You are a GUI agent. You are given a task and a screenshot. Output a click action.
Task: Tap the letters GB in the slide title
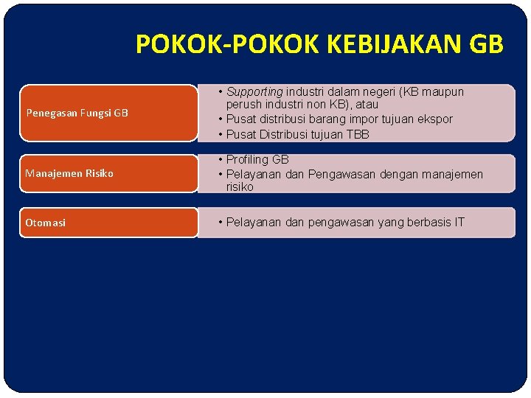click(x=486, y=45)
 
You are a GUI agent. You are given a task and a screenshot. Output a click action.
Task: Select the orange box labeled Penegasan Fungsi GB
click(x=108, y=113)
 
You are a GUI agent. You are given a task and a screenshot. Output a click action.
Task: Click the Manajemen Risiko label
click(x=69, y=173)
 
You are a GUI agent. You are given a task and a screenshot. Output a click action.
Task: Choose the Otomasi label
click(x=45, y=222)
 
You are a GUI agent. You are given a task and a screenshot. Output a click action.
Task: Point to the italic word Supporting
click(x=254, y=92)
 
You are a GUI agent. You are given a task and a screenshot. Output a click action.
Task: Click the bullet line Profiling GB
click(x=257, y=159)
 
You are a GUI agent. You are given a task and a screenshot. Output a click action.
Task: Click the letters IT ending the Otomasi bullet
click(x=459, y=222)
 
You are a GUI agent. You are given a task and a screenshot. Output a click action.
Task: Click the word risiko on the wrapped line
click(x=240, y=187)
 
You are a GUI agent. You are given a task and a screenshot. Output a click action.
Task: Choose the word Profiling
click(x=248, y=159)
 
